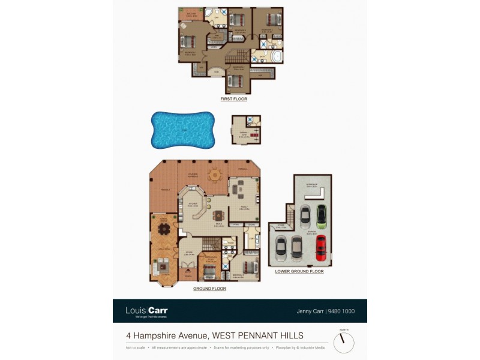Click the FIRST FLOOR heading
233,98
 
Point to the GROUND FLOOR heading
209,289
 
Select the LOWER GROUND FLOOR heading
299,271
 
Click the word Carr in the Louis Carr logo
158,310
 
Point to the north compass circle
344,343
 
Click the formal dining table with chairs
163,229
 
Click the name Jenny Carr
310,311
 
